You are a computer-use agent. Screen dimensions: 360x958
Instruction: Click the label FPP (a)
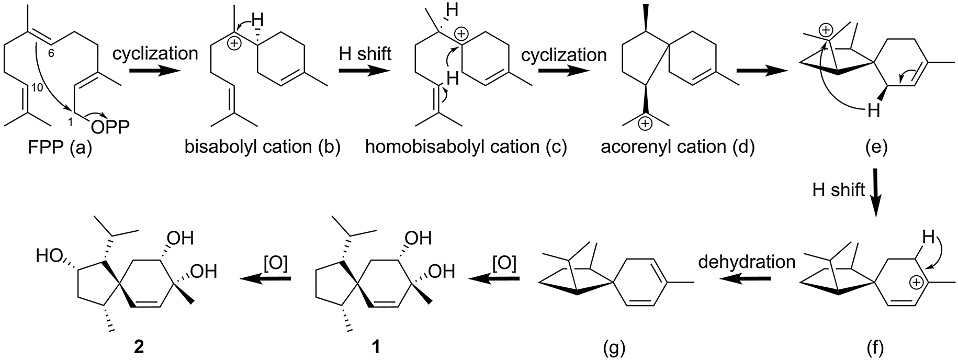[x=59, y=148]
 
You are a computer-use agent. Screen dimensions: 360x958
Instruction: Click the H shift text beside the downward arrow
[x=838, y=189]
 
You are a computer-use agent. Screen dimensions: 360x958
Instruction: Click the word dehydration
[x=746, y=262]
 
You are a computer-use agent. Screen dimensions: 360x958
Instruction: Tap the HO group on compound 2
[x=48, y=256]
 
